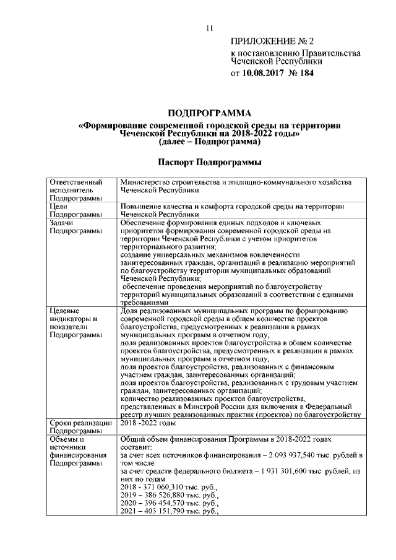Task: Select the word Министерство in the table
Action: coord(147,183)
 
